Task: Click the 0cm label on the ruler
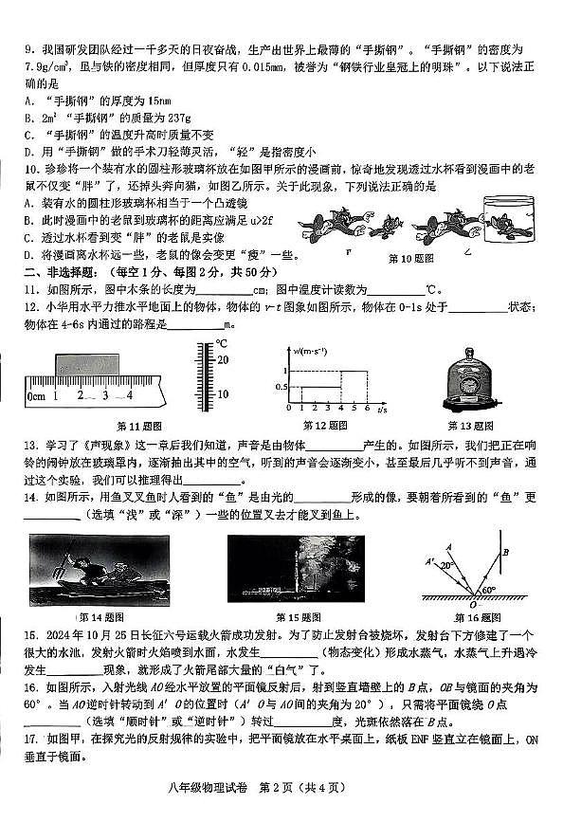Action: click(x=36, y=395)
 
